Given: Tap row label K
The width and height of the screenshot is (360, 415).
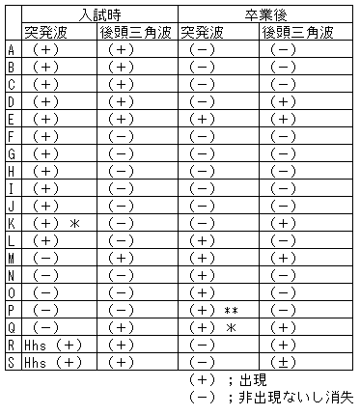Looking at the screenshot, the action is click(x=10, y=223).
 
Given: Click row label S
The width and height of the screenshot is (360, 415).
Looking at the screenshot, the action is click(x=10, y=362).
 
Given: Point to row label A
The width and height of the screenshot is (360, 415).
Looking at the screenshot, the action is click(x=10, y=49).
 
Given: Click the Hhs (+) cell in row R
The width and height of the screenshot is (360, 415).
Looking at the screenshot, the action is click(x=55, y=345).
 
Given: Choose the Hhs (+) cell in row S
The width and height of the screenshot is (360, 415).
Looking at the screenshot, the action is click(x=55, y=362).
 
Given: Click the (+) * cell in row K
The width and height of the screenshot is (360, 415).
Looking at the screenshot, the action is click(x=54, y=223).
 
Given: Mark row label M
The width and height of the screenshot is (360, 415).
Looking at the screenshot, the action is click(x=10, y=258).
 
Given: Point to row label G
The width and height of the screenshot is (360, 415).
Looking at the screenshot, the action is click(x=10, y=153).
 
